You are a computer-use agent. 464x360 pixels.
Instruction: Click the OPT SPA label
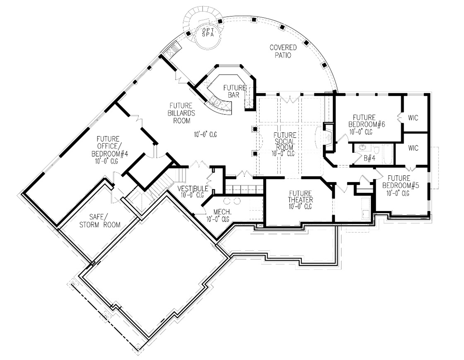[208, 32]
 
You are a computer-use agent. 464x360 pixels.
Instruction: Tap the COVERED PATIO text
[283, 51]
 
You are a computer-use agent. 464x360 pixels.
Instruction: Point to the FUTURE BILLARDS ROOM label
[181, 113]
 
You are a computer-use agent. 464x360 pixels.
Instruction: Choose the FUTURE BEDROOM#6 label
[367, 121]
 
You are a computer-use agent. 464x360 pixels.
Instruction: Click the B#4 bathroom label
[369, 158]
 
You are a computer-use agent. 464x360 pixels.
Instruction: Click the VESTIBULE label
[193, 188]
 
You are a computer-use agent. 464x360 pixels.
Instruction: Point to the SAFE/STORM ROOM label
[100, 221]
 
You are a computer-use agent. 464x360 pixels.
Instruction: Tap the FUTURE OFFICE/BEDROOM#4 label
[110, 146]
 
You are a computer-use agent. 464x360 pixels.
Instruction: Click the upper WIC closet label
[413, 118]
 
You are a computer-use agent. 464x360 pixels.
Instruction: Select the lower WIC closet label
[413, 148]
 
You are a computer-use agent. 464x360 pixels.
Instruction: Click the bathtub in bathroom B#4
[387, 154]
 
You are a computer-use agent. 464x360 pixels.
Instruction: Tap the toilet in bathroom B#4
[376, 150]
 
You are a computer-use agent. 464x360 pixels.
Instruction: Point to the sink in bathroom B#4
[362, 147]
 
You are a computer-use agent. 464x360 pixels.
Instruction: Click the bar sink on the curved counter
[215, 102]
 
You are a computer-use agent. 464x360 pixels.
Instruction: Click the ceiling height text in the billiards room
[205, 134]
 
